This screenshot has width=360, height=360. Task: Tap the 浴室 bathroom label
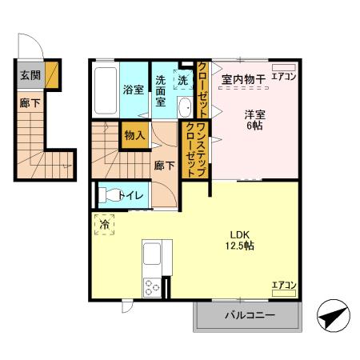(x=133, y=90)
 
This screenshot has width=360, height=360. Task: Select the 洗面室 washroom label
(x=160, y=90)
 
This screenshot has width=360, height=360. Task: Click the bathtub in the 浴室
(x=104, y=89)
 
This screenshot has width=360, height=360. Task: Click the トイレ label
(x=130, y=194)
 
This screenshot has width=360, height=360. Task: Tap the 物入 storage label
(x=134, y=136)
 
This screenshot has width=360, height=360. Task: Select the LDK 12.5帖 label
(x=239, y=239)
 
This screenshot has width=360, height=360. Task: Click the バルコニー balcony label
(x=249, y=315)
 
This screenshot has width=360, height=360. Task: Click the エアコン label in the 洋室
(x=284, y=77)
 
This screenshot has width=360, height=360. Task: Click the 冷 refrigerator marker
(x=104, y=226)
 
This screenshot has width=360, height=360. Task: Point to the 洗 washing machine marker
(x=183, y=79)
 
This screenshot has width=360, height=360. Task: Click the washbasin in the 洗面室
(x=184, y=107)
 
